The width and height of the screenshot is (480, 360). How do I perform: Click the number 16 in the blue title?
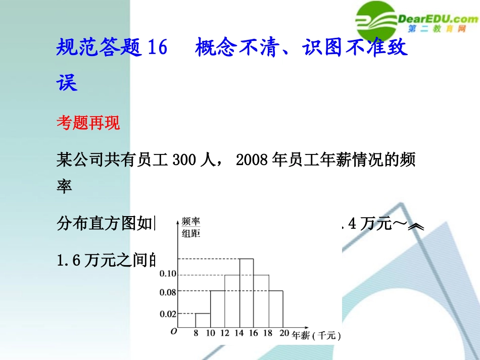coord(156,49)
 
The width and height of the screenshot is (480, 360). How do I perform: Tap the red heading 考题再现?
coord(88,123)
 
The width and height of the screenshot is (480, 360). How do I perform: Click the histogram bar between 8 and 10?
coord(203,320)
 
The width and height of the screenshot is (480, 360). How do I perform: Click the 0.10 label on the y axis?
coord(167,274)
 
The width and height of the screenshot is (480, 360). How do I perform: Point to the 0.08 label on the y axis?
coord(167,291)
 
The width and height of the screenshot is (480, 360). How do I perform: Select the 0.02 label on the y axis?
coord(167,314)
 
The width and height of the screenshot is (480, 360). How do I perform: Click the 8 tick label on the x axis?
coord(196,333)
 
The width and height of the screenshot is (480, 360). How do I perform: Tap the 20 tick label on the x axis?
coord(283,333)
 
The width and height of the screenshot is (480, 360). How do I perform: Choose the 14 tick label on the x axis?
coord(239,333)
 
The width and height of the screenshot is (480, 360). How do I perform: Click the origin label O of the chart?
coord(173,332)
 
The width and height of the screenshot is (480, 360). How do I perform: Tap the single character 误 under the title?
coord(67,84)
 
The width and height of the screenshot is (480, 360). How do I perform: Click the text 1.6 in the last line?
coord(70,261)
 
